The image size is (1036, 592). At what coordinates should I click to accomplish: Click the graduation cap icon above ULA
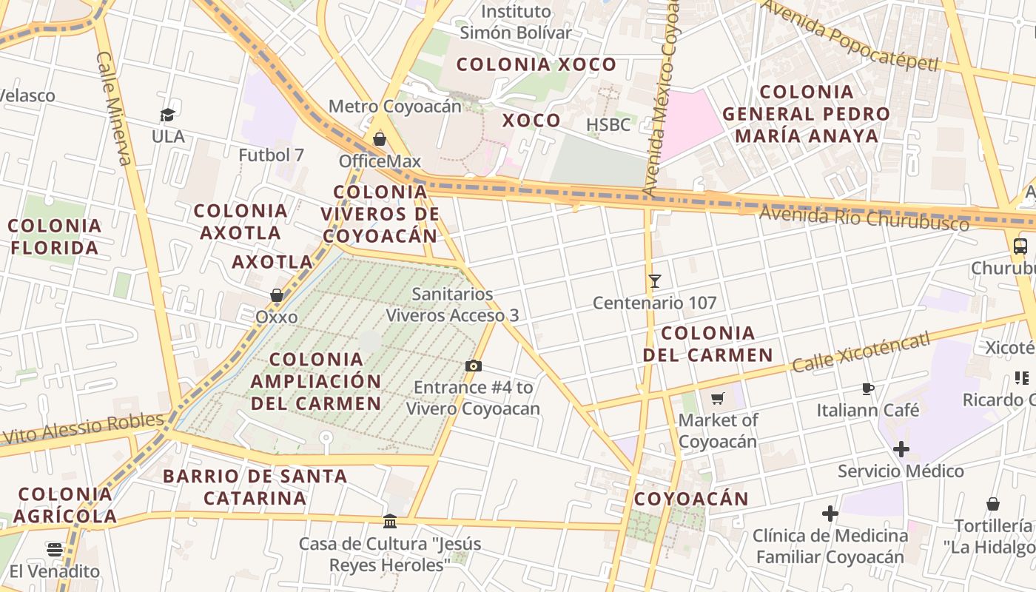tap(168, 115)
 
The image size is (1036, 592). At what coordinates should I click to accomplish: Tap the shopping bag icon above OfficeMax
tap(380, 139)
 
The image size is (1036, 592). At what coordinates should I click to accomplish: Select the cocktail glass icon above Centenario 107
tap(655, 280)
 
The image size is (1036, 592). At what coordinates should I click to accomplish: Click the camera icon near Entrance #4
tap(474, 366)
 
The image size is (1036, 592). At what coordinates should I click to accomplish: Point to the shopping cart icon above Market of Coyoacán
tap(717, 399)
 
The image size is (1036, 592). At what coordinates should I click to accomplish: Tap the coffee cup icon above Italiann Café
tap(868, 388)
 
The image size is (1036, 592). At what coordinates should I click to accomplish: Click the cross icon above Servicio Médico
tap(901, 449)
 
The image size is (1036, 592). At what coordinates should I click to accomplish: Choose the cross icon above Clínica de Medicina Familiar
tap(830, 513)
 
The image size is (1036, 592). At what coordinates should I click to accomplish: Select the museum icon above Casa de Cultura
tap(390, 522)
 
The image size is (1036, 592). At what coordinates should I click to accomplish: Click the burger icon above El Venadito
tap(55, 549)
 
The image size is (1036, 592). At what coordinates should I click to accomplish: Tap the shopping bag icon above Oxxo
tap(277, 295)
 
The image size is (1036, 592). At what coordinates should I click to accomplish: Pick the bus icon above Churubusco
tap(1020, 246)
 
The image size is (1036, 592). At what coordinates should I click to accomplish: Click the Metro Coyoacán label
tap(395, 106)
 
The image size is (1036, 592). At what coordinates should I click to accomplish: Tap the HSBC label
tap(608, 124)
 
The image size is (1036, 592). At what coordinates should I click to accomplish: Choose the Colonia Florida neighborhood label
tap(55, 236)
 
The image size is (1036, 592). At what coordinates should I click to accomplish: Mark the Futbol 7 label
tap(271, 155)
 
